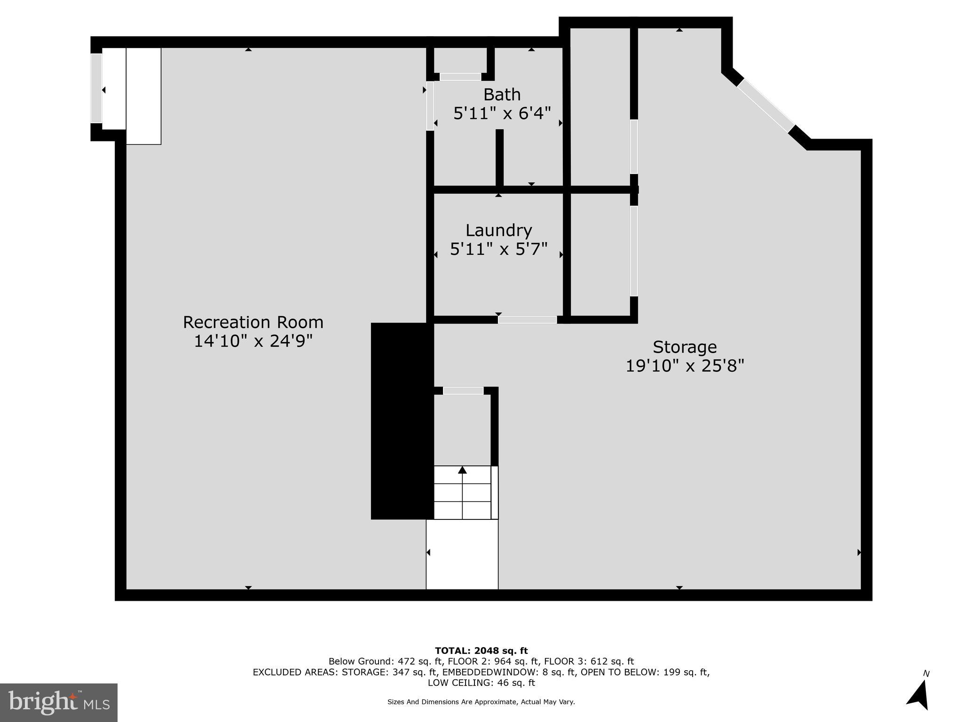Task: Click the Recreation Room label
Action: pos(253,322)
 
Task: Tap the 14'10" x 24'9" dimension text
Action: pos(253,341)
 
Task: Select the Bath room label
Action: pos(502,94)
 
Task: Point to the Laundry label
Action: pos(498,230)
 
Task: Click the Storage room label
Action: pos(684,347)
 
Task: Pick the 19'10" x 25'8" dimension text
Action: pos(684,366)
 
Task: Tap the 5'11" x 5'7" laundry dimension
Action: pos(498,249)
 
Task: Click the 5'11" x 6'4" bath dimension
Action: pos(502,113)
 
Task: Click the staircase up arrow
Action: pos(462,470)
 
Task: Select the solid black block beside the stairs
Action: pos(402,421)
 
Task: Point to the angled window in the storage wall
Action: pos(766,106)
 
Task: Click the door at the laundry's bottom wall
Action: pos(527,320)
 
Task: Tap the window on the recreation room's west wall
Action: pos(96,88)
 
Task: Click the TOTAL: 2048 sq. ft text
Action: pos(481,651)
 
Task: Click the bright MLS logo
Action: pos(58,702)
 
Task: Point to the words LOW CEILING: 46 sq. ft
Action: pos(481,683)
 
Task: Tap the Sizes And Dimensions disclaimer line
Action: pos(481,702)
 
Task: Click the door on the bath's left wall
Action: pos(429,106)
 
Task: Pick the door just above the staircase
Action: pos(463,391)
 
